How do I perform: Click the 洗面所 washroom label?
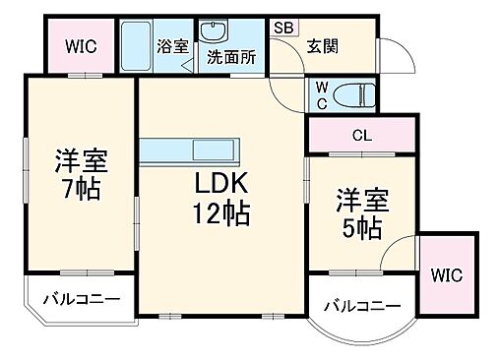(x=230, y=58)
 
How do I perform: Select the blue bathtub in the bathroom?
(x=137, y=45)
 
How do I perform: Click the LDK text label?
(x=219, y=184)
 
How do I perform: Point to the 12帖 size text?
(x=219, y=212)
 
